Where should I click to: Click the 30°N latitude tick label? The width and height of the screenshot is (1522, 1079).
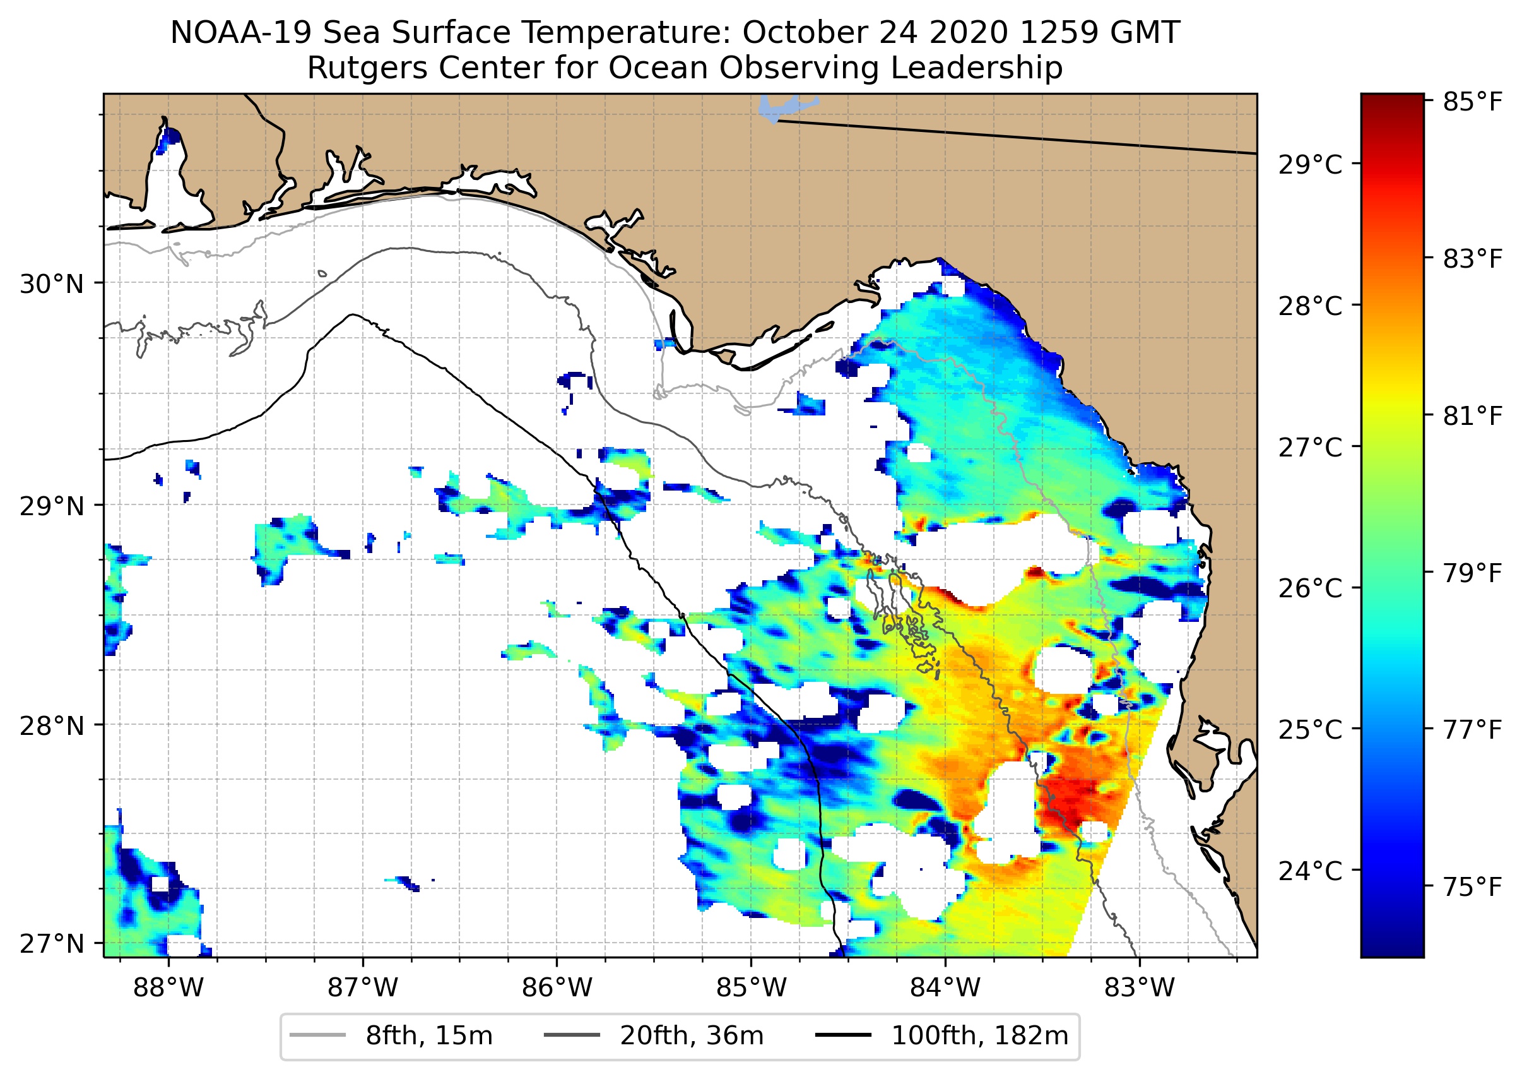coord(52,284)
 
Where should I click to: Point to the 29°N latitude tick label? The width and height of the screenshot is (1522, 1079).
coord(52,506)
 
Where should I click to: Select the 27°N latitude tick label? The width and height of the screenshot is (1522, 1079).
coord(52,943)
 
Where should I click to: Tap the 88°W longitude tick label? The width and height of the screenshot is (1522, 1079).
coord(168,988)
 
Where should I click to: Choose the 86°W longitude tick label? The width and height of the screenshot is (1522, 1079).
coord(557,988)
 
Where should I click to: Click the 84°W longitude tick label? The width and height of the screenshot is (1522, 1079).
coord(945,988)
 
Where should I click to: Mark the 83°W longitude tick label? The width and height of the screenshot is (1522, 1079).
coord(1140,988)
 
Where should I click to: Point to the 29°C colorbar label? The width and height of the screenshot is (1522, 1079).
coord(1310,164)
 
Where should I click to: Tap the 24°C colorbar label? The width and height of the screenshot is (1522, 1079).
coord(1310,871)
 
